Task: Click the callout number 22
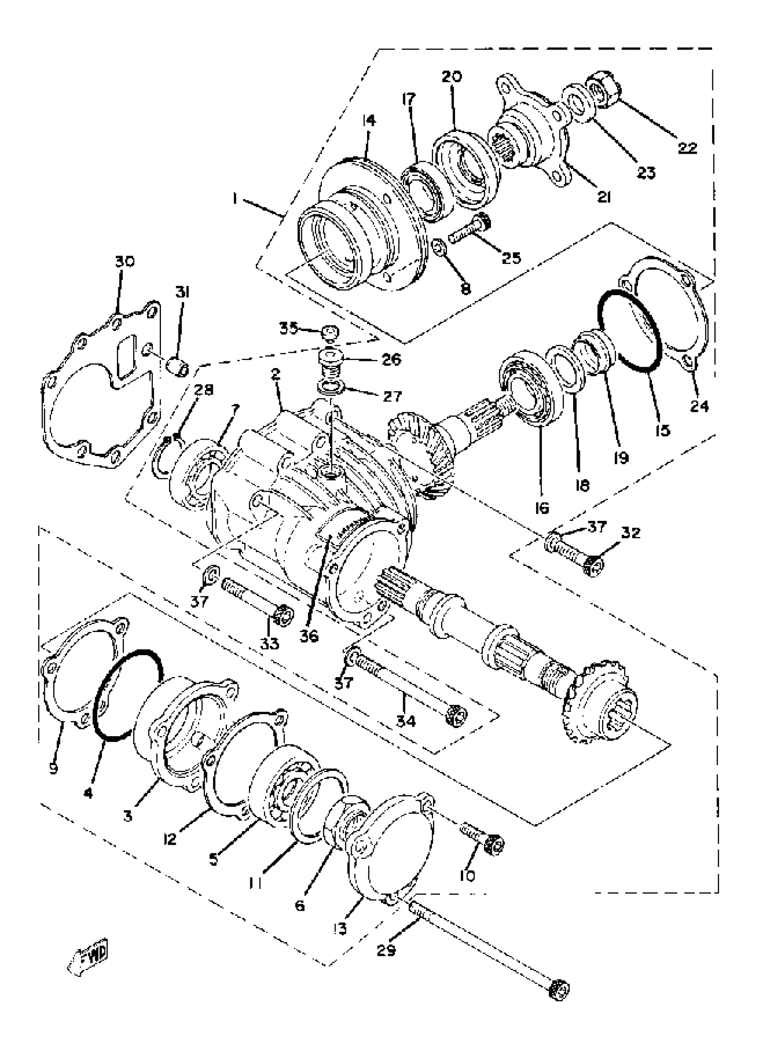(x=687, y=148)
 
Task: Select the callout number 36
(x=309, y=636)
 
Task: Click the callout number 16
(x=541, y=508)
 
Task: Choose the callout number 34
(x=406, y=721)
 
